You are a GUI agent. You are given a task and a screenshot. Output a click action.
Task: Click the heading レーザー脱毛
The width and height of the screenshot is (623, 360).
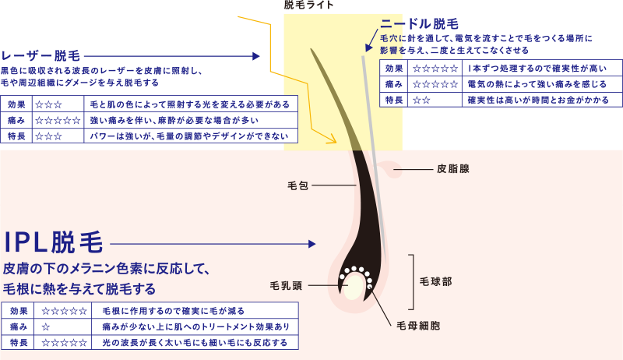40,56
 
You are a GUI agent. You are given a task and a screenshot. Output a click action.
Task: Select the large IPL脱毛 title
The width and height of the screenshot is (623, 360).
53,243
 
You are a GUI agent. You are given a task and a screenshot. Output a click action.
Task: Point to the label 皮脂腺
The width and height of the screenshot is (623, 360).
452,168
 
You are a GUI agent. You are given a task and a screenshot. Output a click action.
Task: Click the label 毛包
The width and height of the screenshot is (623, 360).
298,185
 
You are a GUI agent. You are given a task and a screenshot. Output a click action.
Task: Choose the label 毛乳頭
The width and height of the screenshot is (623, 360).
286,285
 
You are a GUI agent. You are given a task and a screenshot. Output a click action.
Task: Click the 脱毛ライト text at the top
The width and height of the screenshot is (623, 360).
309,5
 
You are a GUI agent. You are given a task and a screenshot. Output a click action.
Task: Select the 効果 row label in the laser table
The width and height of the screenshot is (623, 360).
17,104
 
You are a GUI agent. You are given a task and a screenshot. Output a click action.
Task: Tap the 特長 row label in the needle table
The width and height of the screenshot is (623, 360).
394,100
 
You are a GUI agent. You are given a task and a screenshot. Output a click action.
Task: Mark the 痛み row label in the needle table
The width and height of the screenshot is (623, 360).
394,84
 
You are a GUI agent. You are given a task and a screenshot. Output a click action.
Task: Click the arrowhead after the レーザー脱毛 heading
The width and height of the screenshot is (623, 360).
256,56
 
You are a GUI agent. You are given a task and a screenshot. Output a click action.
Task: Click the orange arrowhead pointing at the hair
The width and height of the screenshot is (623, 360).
332,140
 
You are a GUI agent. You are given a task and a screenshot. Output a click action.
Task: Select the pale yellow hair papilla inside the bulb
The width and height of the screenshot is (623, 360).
354,288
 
